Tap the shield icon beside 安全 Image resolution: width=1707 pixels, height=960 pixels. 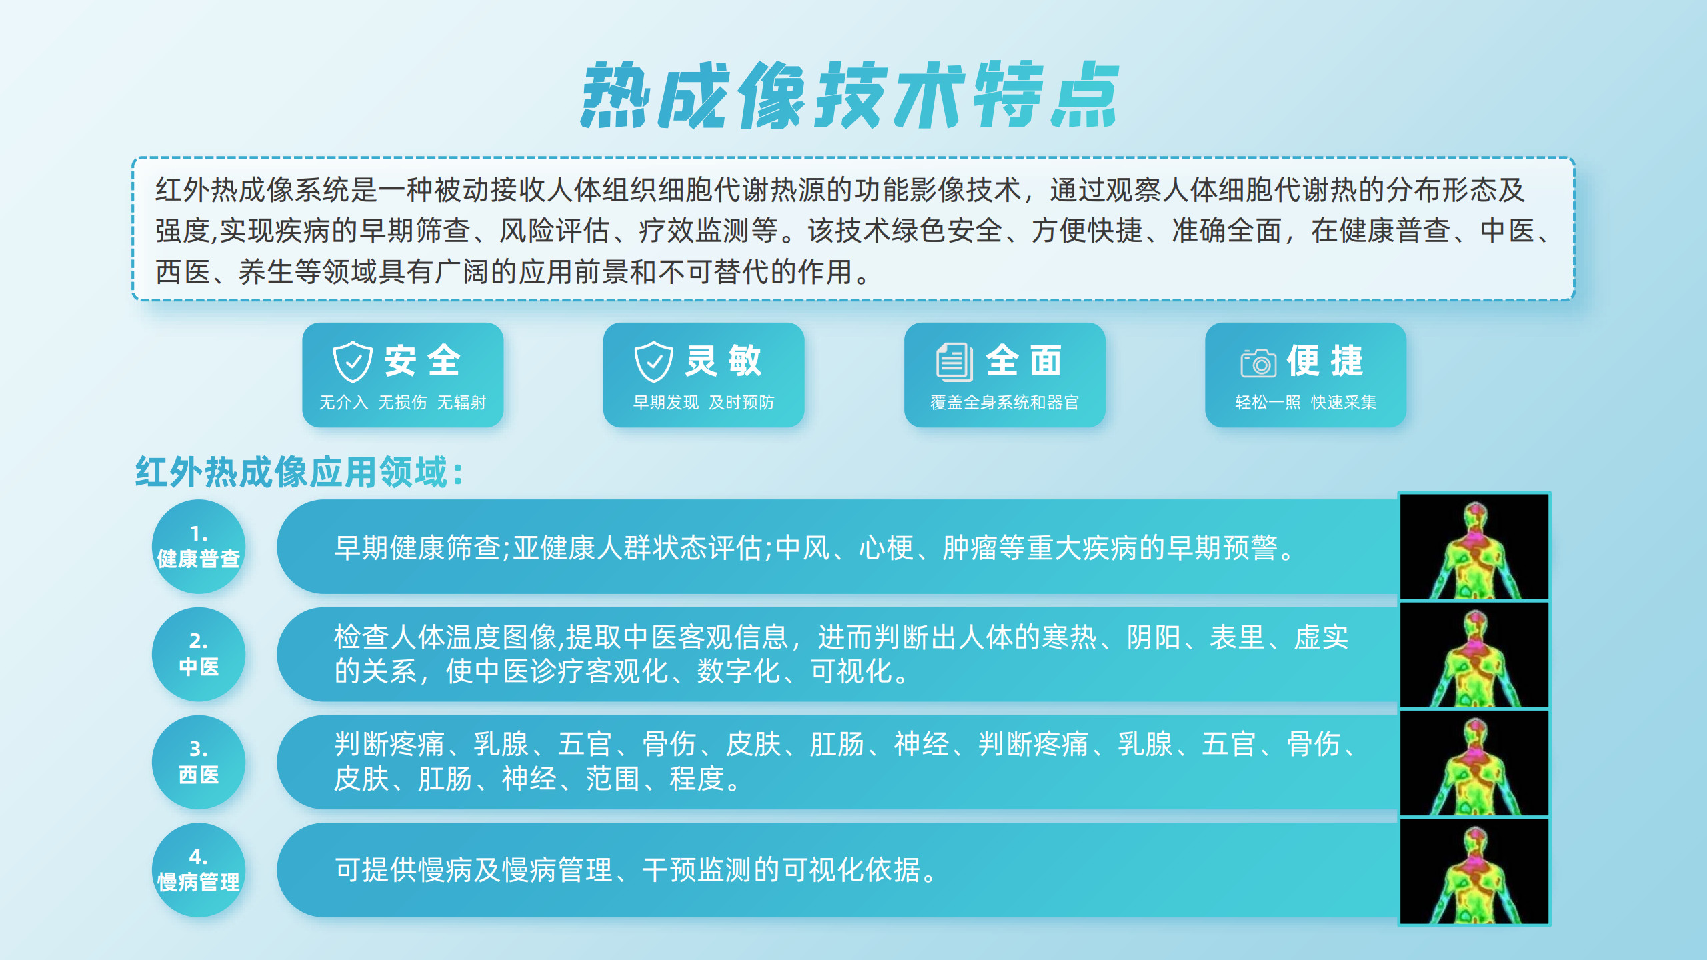pos(353,361)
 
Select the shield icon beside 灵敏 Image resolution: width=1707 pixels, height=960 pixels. pos(653,361)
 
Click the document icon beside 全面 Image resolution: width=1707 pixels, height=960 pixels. pos(954,361)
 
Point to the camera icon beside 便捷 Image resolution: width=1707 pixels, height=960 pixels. pos(1258,363)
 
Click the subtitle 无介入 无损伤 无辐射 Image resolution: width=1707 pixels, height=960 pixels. pos(403,402)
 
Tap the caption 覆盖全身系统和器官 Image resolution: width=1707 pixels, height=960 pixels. pos(1004,402)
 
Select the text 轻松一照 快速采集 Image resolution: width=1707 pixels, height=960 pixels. pos(1306,402)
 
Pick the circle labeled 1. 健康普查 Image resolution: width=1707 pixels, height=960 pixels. pos(199,547)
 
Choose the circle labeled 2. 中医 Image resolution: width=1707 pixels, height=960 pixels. pos(199,654)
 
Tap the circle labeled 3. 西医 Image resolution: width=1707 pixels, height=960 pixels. pos(199,762)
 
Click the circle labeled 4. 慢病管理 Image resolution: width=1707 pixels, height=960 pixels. pos(199,870)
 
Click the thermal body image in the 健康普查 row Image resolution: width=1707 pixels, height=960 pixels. pos(1474,547)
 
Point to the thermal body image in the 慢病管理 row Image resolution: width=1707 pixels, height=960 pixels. pos(1474,871)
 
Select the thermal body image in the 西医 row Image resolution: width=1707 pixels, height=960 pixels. pos(1474,763)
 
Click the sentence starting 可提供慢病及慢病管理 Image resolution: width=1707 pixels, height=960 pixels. pos(637,870)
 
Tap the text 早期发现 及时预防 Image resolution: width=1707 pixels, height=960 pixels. pos(703,402)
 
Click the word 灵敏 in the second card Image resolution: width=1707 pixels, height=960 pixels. pos(723,361)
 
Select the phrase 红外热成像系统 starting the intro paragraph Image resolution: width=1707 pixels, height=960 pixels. pos(252,190)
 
